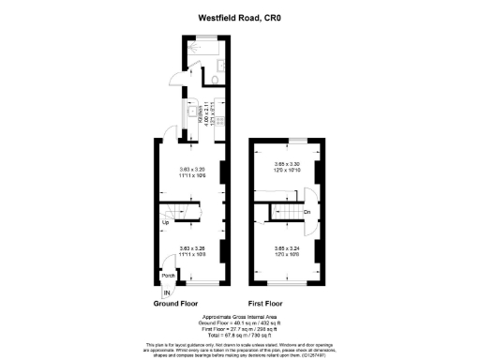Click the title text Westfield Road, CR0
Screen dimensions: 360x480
tap(239, 16)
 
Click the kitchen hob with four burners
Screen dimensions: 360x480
tap(221, 120)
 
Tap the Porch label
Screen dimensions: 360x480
tap(169, 275)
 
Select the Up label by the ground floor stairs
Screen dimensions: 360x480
tap(164, 223)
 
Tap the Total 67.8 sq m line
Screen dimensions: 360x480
tap(239, 335)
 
